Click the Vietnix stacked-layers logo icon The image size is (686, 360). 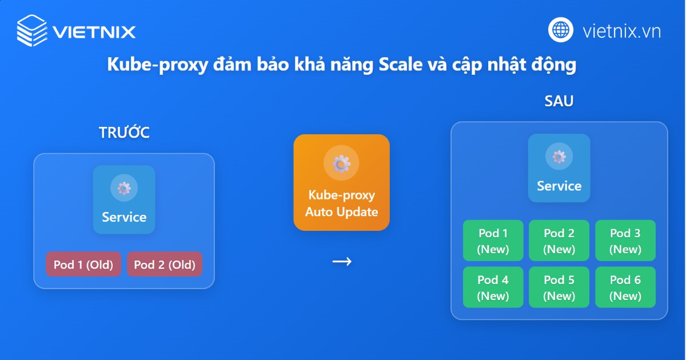point(32,30)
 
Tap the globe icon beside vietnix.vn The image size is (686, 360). point(561,30)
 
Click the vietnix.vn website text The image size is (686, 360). point(621,30)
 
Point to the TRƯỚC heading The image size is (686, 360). point(124,133)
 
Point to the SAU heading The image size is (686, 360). point(559,102)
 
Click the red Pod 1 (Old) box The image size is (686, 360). point(83,265)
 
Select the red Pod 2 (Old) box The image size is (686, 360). point(165,265)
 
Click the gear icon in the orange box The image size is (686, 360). point(341,163)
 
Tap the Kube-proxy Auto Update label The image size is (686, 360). point(341,203)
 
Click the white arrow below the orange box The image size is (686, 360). point(342,262)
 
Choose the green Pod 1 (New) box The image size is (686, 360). point(493,241)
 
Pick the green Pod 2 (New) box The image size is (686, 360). point(559,241)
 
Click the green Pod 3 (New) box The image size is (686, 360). point(625,241)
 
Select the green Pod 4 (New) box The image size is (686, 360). point(493,287)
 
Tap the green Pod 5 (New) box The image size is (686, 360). point(559,287)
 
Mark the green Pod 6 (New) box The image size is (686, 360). point(625,287)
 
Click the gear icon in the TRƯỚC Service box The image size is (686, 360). point(124,189)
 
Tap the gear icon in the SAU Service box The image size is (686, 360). point(559,157)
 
